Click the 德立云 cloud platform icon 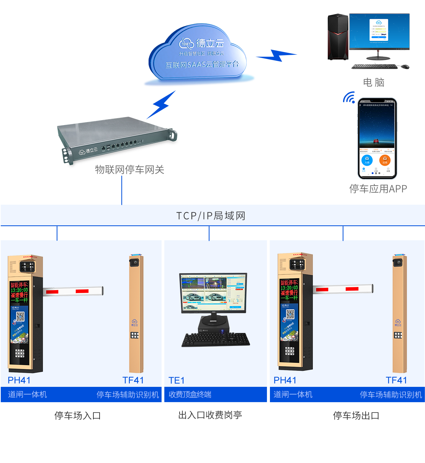199,54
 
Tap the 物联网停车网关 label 129,170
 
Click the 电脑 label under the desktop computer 373,82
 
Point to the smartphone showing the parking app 377,139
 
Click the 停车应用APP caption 378,189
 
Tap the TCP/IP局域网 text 211,216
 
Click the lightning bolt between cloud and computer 277,56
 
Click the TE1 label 177,380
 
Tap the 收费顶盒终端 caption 190,395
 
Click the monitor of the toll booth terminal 213,292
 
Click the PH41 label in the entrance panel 19,380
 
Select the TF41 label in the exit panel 396,380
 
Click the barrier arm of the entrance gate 73,291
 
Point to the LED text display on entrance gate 19,292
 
